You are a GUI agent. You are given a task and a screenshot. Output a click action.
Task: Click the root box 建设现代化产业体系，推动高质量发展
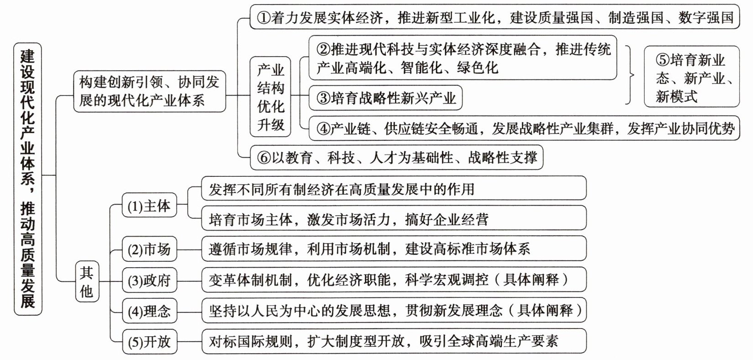[x=27, y=179]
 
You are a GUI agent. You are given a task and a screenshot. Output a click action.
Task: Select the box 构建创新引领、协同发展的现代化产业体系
[x=149, y=91]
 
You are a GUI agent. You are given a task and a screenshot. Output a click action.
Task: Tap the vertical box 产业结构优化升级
[x=270, y=97]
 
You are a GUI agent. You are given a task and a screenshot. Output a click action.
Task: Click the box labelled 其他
[x=87, y=282]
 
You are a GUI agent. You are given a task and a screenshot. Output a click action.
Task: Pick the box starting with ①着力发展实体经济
[x=494, y=17]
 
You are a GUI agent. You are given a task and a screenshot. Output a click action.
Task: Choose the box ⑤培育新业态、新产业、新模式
[x=691, y=77]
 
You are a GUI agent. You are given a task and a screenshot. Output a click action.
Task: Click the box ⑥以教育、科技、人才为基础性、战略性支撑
[x=396, y=158]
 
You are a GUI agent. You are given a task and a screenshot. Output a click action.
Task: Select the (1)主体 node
[x=149, y=206]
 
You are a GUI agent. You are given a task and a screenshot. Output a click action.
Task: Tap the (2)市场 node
[x=149, y=249]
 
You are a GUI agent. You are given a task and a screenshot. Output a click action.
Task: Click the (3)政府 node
[x=149, y=280]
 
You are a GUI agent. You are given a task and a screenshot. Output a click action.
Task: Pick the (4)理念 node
[x=149, y=311]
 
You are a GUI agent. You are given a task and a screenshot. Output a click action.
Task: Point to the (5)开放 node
[x=149, y=342]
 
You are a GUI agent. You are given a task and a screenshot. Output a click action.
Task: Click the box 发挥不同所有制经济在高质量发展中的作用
[x=394, y=189]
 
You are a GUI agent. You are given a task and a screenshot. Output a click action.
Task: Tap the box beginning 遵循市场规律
[x=394, y=249]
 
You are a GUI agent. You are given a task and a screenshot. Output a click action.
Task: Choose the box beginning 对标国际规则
[x=394, y=341]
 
